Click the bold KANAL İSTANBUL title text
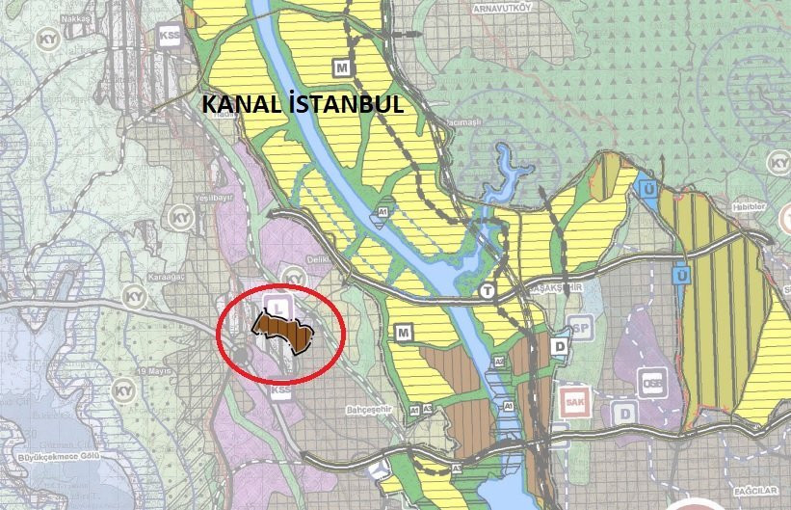tap(302, 104)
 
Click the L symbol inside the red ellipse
tap(278, 305)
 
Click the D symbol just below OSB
tap(626, 414)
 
